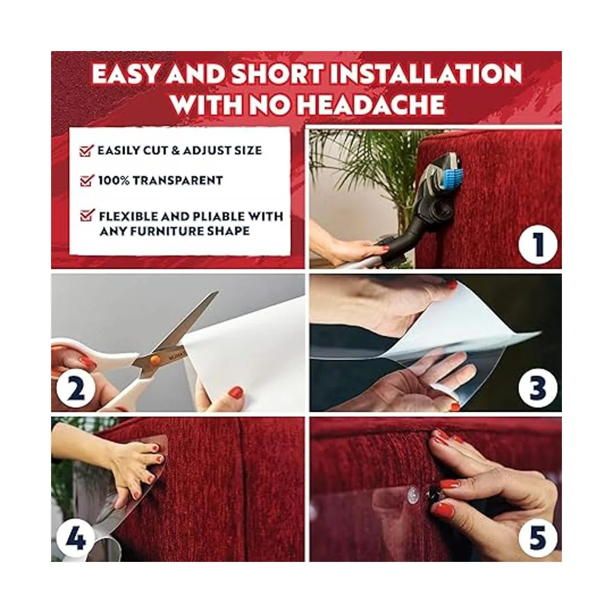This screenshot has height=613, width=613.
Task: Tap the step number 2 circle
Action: (76, 390)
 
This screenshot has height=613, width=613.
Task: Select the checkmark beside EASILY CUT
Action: (86, 151)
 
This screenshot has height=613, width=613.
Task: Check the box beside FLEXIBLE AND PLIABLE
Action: (87, 215)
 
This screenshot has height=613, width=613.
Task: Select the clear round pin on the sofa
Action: (412, 493)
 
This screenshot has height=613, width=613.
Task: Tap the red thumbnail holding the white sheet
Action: (236, 392)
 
